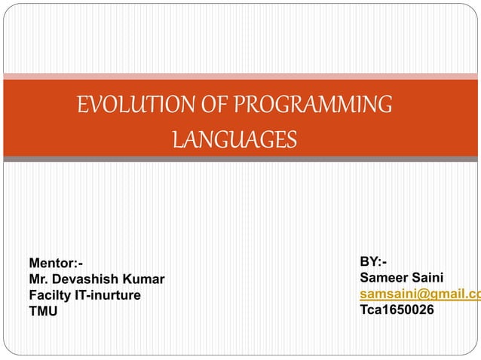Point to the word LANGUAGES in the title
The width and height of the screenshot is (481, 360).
pyautogui.click(x=234, y=139)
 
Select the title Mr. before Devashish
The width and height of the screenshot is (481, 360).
pyautogui.click(x=38, y=279)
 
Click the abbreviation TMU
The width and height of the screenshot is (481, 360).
pyautogui.click(x=42, y=311)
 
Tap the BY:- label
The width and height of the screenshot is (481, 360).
pyautogui.click(x=374, y=262)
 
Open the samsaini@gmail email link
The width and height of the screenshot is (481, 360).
pyautogui.click(x=419, y=294)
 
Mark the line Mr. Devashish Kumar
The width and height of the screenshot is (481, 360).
pyautogui.click(x=97, y=279)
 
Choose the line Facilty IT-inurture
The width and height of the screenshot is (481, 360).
pyautogui.click(x=84, y=295)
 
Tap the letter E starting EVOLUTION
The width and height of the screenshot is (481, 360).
pyautogui.click(x=83, y=105)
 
